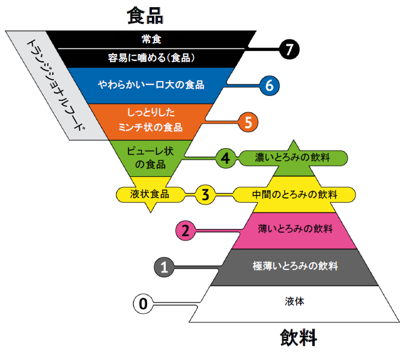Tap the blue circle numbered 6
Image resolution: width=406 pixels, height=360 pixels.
pos(270,86)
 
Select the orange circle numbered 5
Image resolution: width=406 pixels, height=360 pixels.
pos(247,122)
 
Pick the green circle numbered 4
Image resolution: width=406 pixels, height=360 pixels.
pos(225,158)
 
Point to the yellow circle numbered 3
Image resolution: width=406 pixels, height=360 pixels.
pos(205,194)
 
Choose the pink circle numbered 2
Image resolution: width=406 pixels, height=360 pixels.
pos(186,230)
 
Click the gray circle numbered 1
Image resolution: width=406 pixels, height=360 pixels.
pos(164,267)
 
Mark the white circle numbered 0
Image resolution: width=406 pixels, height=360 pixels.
pos(142,304)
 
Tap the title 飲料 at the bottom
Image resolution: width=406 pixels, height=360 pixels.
pos(298,338)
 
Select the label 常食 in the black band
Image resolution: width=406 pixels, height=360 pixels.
pos(151,39)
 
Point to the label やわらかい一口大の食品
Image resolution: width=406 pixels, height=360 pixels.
pos(151,85)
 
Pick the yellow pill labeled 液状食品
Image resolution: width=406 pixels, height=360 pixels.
pos(150,194)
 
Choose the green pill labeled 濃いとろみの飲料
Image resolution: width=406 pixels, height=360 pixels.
pos(294,158)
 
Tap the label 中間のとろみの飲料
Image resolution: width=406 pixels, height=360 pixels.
pos(294,194)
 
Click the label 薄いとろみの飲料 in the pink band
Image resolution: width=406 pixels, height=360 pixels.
pos(295,229)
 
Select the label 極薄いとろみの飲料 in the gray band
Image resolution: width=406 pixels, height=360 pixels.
pos(295,265)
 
